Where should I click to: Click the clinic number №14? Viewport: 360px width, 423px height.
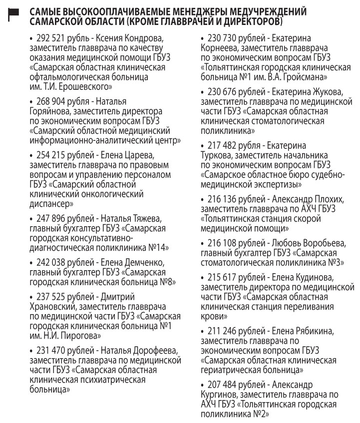click(x=159, y=247)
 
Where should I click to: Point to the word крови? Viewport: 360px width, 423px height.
click(x=212, y=316)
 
